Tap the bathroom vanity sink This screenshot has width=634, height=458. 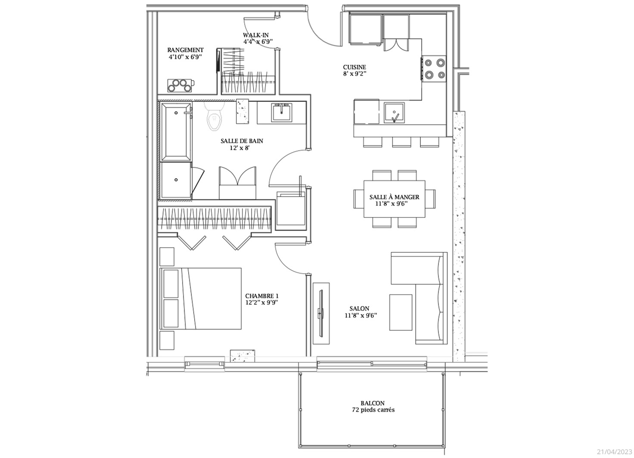[281, 112]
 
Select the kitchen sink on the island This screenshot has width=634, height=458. [394, 113]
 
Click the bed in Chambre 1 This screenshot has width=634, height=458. [201, 298]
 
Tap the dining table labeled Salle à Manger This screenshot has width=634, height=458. [394, 199]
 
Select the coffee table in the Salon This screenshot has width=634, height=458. [401, 312]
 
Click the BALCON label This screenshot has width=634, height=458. [373, 403]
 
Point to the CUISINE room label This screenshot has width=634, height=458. [354, 67]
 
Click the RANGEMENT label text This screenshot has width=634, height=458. [185, 50]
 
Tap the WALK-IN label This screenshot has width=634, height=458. [255, 35]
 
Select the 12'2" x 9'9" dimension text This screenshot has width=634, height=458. [262, 302]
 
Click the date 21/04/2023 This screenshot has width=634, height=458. [615, 452]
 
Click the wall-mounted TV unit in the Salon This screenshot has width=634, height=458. [321, 314]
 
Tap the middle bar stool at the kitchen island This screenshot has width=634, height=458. [401, 142]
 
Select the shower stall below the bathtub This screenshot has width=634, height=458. [176, 180]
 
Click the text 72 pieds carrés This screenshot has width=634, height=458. [373, 410]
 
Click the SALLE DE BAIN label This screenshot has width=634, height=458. [242, 141]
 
